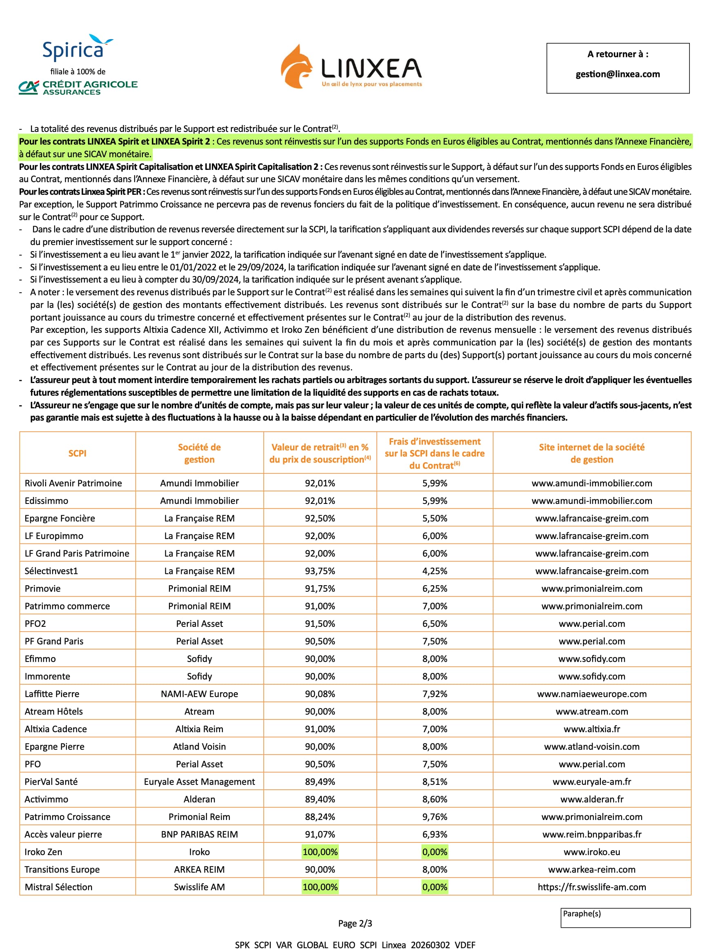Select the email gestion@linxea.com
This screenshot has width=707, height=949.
coord(617,74)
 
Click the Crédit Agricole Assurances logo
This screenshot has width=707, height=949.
coord(78,87)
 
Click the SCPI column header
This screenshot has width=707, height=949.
coord(78,453)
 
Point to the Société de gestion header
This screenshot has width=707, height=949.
coord(200,453)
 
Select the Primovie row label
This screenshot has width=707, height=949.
coord(43,588)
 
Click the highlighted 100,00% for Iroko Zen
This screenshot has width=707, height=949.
coord(320,851)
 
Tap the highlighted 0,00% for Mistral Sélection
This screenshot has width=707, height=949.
coord(434,887)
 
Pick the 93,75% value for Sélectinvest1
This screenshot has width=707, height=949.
coord(320,570)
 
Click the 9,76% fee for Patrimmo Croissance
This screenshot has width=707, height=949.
coord(434,816)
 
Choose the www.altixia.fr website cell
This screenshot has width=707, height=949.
coord(591,728)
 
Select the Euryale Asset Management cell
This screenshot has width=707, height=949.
coord(200,781)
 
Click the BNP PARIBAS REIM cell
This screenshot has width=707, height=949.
coord(200,834)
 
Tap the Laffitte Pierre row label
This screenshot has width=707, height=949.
coord(52,693)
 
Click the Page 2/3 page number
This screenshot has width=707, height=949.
coord(355,923)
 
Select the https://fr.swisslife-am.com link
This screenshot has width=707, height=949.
coord(591,887)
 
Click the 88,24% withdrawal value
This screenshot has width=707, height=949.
coord(320,816)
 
